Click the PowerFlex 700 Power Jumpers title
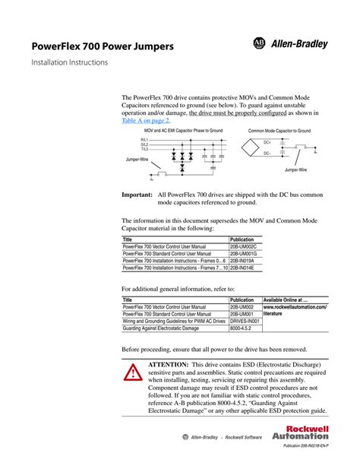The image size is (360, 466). tap(102, 47)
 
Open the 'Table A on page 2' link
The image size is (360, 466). tap(146, 120)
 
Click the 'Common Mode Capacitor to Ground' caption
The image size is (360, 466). tap(279, 131)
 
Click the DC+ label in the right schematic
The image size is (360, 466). tap(267, 142)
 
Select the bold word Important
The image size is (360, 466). tap(137, 195)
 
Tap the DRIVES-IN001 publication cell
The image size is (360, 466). tap(245, 321)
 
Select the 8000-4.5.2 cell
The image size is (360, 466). tap(242, 328)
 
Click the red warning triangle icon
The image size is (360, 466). tap(134, 372)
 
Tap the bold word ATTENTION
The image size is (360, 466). tap(168, 364)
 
